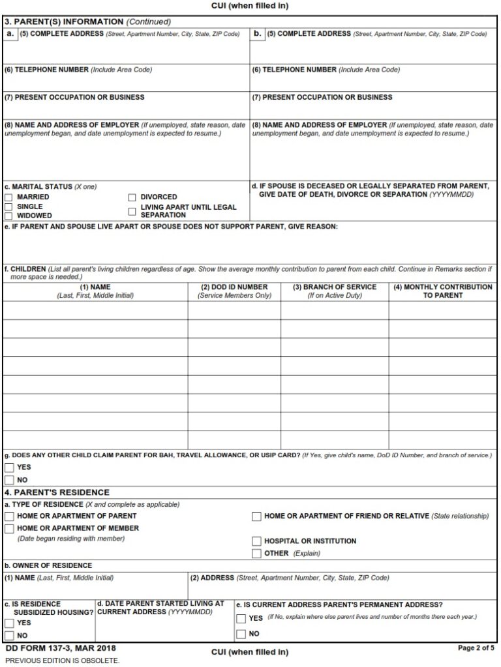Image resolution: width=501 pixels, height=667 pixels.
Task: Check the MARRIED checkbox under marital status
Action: [x=8, y=197]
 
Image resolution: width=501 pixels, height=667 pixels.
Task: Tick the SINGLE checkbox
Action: [x=8, y=206]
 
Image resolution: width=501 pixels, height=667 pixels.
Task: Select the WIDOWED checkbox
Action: [x=8, y=216]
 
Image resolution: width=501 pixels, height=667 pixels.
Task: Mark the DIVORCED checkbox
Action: [x=132, y=197]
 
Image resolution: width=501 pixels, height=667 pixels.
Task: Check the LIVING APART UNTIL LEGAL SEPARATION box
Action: [x=132, y=211]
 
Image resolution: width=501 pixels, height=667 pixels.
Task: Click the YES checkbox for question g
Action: [x=9, y=468]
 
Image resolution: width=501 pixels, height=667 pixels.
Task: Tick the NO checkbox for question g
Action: [x=9, y=480]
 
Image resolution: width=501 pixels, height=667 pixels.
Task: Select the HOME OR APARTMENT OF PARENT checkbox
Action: [x=9, y=516]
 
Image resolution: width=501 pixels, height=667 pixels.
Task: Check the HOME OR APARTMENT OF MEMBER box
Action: [x=9, y=528]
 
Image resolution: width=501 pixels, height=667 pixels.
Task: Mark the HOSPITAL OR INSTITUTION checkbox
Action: [x=256, y=541]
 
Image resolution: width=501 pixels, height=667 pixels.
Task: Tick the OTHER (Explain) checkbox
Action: [x=256, y=554]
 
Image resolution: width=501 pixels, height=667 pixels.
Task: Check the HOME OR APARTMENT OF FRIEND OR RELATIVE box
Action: [x=256, y=516]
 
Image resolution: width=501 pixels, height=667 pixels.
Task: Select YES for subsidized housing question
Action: [x=9, y=623]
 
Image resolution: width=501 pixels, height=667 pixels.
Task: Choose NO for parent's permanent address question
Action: [x=241, y=634]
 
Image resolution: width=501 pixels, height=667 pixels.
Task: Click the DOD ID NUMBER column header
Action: [x=234, y=287]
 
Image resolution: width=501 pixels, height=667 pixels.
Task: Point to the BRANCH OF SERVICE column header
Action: [x=334, y=287]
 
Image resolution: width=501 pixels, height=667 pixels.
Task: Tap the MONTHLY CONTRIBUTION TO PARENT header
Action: [x=443, y=291]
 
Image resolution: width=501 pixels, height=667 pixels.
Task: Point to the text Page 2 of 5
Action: [x=476, y=649]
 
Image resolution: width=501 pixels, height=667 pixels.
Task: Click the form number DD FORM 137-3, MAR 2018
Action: [x=48, y=649]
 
